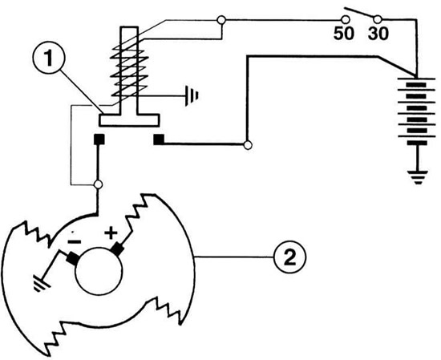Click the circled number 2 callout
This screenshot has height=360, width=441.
[x=290, y=257]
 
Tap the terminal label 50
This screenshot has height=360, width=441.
[x=343, y=34]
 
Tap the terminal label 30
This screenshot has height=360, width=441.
[x=378, y=34]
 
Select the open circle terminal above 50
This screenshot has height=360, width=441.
[x=345, y=20]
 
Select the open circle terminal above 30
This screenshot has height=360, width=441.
[x=378, y=20]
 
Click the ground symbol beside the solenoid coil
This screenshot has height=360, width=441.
[x=192, y=96]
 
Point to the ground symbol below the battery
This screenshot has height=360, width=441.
[x=418, y=177]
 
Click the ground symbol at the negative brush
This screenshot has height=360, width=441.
[x=42, y=284]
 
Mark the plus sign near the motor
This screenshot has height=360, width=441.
[x=111, y=233]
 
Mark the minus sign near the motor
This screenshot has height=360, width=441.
[x=75, y=241]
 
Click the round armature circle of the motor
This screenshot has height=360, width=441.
[x=99, y=271]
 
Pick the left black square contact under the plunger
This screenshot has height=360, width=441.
[x=99, y=140]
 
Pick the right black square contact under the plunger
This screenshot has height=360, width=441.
[x=159, y=140]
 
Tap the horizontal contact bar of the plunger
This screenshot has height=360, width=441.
[x=129, y=120]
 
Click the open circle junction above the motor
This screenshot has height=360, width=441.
[x=98, y=184]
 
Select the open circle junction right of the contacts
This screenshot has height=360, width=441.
[x=248, y=145]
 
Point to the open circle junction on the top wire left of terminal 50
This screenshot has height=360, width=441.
[x=221, y=20]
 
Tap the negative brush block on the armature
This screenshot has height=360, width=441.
[x=73, y=257]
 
